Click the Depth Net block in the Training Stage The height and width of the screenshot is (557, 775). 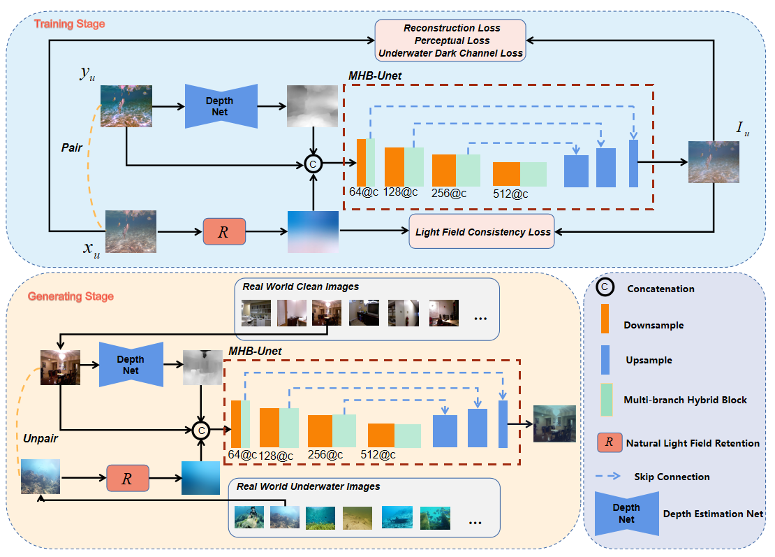pos(221,106)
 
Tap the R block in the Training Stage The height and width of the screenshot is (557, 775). pos(224,231)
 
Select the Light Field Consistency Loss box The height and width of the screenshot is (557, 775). pos(482,231)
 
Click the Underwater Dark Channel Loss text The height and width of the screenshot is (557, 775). pos(450,53)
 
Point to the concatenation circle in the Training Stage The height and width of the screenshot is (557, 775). pos(313,164)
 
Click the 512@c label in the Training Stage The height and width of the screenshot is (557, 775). pos(510,194)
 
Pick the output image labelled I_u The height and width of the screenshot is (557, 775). pos(714,162)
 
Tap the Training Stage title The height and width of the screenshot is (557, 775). pos(69,24)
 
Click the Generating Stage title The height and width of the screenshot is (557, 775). pos(71,296)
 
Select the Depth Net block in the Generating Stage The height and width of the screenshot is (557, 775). pos(131,365)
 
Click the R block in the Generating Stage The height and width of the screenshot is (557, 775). pos(128,478)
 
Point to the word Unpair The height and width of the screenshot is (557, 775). pos(40,439)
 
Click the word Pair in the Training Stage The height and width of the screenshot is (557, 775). pos(72,148)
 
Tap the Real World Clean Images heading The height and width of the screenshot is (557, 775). pos(300,287)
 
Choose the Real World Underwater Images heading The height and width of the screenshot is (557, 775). pos(309,486)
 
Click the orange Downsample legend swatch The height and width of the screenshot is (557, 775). pos(605,319)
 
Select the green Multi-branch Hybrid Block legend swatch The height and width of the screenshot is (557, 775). pos(607,400)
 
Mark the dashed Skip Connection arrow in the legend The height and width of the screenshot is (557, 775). pos(608,477)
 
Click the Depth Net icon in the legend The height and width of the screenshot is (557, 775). pos(627,514)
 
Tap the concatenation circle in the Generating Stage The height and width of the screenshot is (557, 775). pos(201,431)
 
